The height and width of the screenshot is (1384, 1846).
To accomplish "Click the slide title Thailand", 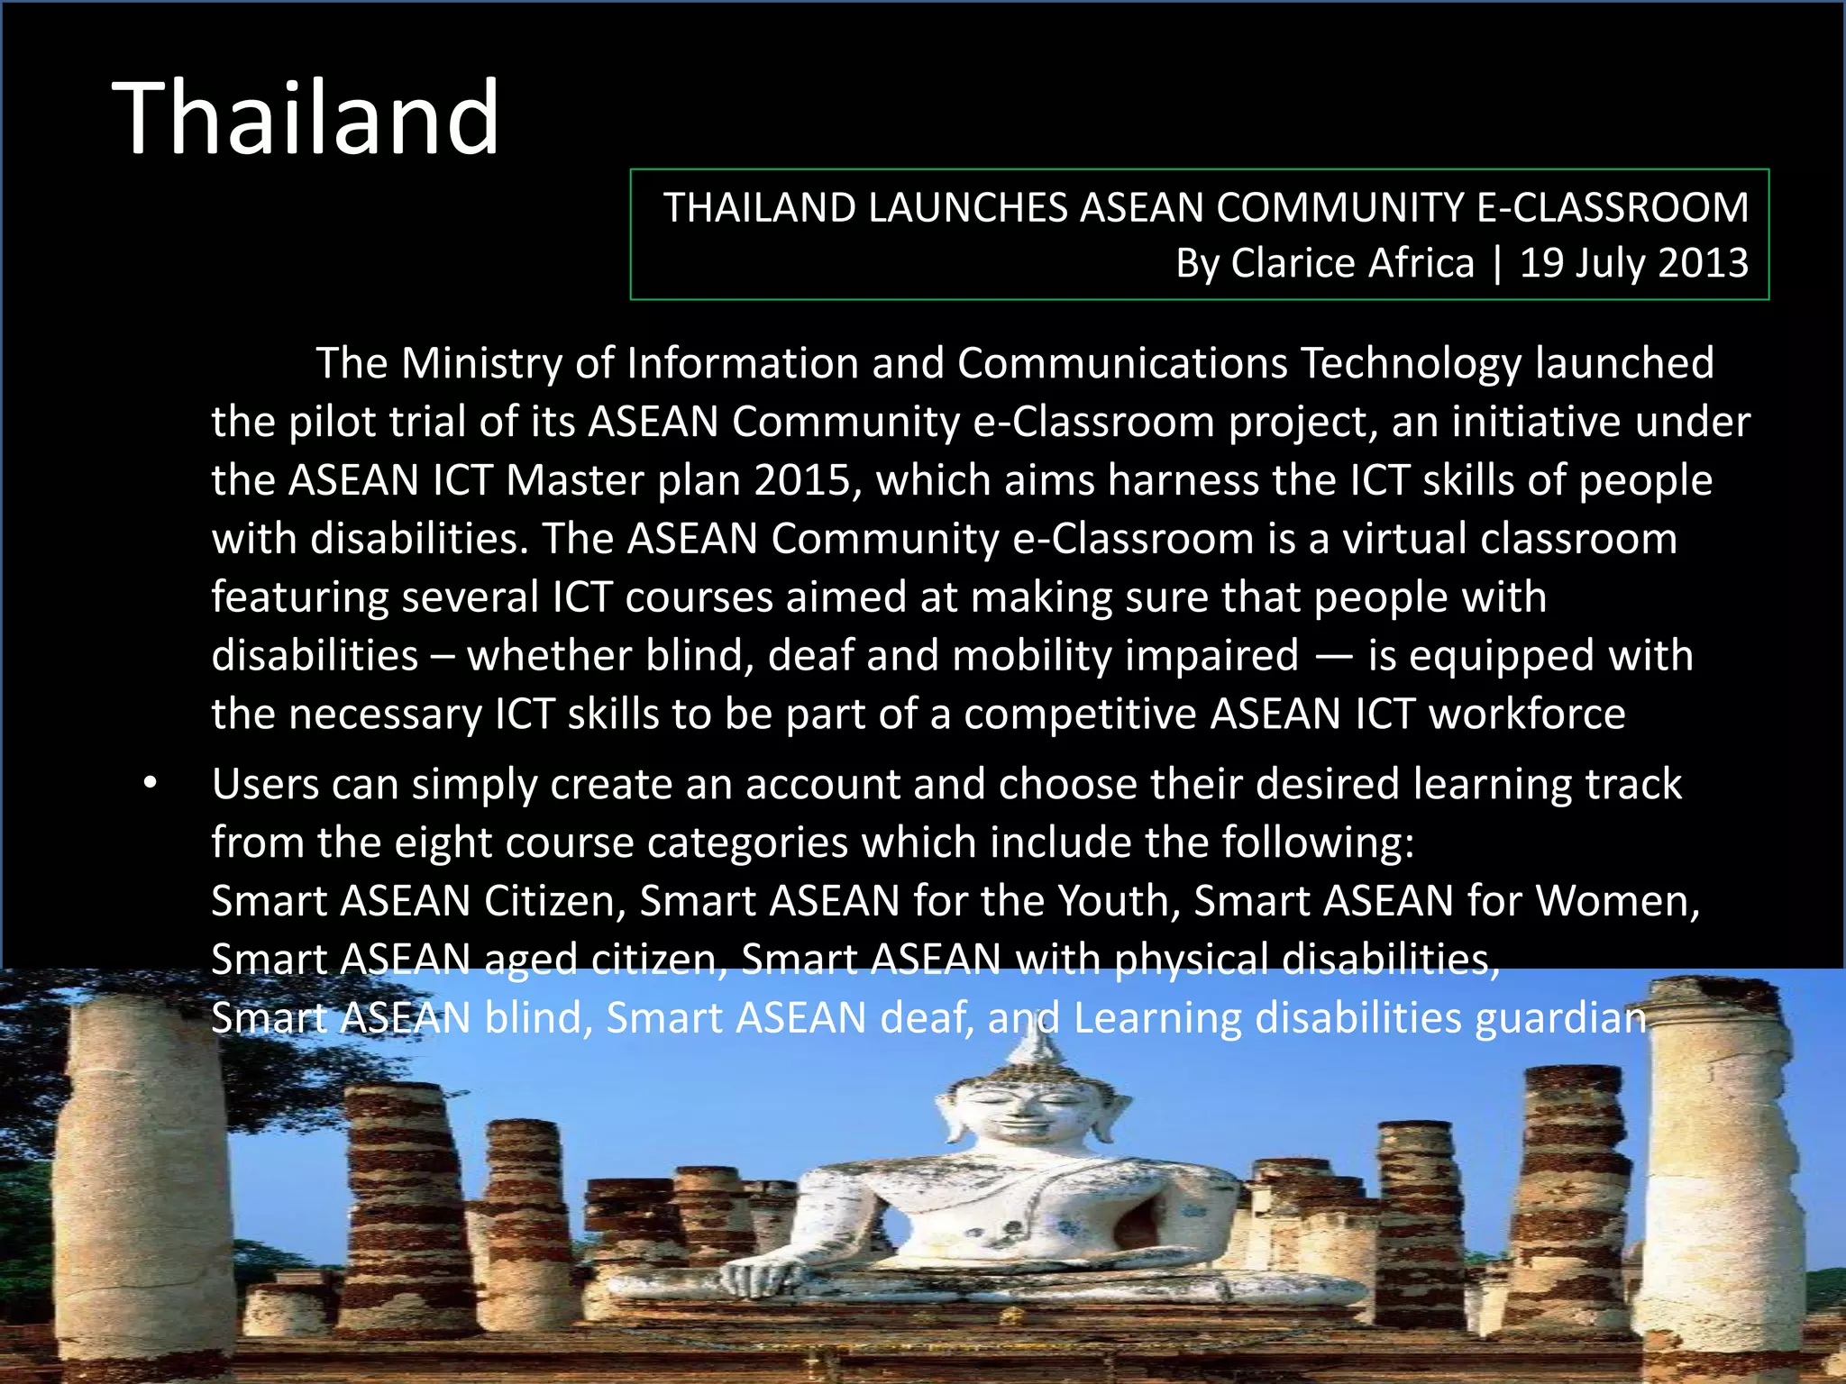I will click(x=306, y=118).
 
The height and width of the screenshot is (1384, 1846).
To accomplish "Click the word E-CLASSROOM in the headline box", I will click(x=1613, y=208).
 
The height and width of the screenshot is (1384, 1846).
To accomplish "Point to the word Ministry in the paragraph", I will click(x=481, y=363).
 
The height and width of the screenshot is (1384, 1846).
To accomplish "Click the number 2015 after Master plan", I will click(x=802, y=480).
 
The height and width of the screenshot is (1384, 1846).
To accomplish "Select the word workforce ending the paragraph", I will click(x=1527, y=715).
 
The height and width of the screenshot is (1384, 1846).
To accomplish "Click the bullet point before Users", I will click(x=151, y=784).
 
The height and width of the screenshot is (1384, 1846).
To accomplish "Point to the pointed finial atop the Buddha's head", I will click(x=1040, y=1036).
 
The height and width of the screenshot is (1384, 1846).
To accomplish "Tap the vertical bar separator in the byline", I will click(x=1497, y=263).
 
